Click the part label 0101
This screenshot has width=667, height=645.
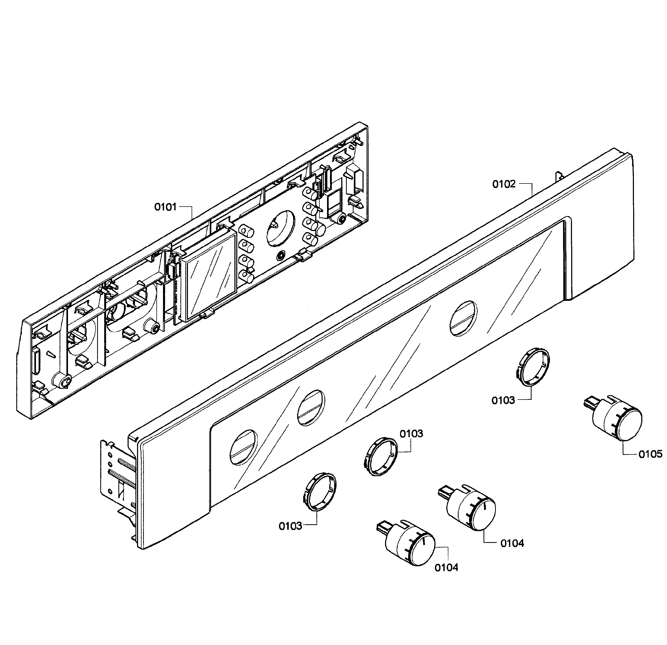(x=165, y=207)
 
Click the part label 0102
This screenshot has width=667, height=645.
(x=504, y=185)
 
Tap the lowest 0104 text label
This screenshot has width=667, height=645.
(x=446, y=567)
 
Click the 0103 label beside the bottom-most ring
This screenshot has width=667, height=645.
(x=290, y=526)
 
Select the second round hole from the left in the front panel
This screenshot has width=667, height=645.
(x=311, y=407)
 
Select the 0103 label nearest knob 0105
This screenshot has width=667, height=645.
(x=503, y=401)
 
